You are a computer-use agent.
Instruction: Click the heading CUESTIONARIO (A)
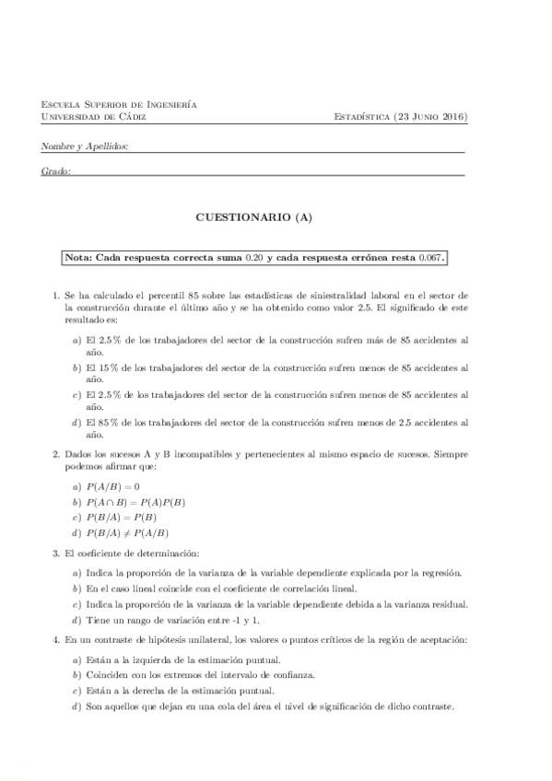pyautogui.click(x=254, y=217)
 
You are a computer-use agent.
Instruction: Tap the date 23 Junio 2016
pyautogui.click(x=431, y=117)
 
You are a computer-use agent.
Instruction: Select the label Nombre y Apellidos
pyautogui.click(x=85, y=146)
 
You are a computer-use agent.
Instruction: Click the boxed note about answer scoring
pyautogui.click(x=255, y=258)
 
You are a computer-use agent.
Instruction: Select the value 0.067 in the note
pyautogui.click(x=431, y=258)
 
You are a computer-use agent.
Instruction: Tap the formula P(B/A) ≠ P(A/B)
pyautogui.click(x=127, y=533)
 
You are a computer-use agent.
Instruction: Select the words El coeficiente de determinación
pyautogui.click(x=132, y=554)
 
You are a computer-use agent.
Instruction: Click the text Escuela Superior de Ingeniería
pyautogui.click(x=119, y=105)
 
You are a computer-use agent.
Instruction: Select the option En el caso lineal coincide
pyautogui.click(x=220, y=588)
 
